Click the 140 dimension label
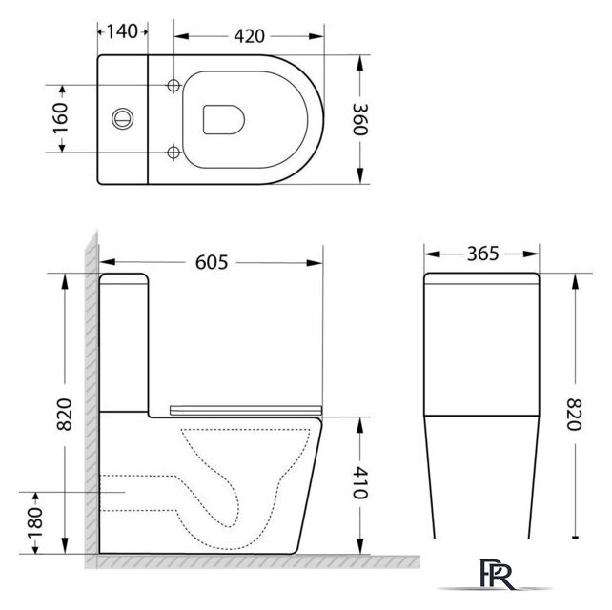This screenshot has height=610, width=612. pos(122,30)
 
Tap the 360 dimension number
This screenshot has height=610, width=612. pos(360,119)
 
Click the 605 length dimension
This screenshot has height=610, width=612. pos(212,261)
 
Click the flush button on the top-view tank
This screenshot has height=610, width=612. pos(121,119)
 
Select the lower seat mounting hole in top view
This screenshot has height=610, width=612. pos(173,152)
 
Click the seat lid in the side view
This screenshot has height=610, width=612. pos(246,410)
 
